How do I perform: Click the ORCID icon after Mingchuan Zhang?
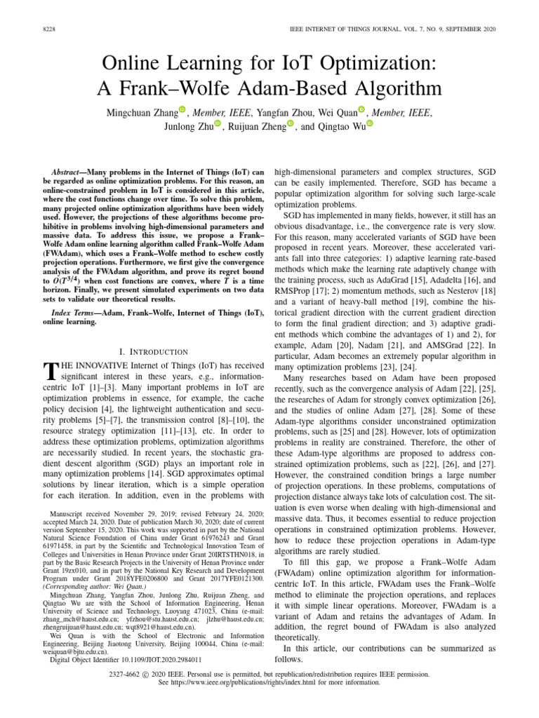tap(182, 110)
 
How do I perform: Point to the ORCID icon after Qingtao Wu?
tap(370, 124)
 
